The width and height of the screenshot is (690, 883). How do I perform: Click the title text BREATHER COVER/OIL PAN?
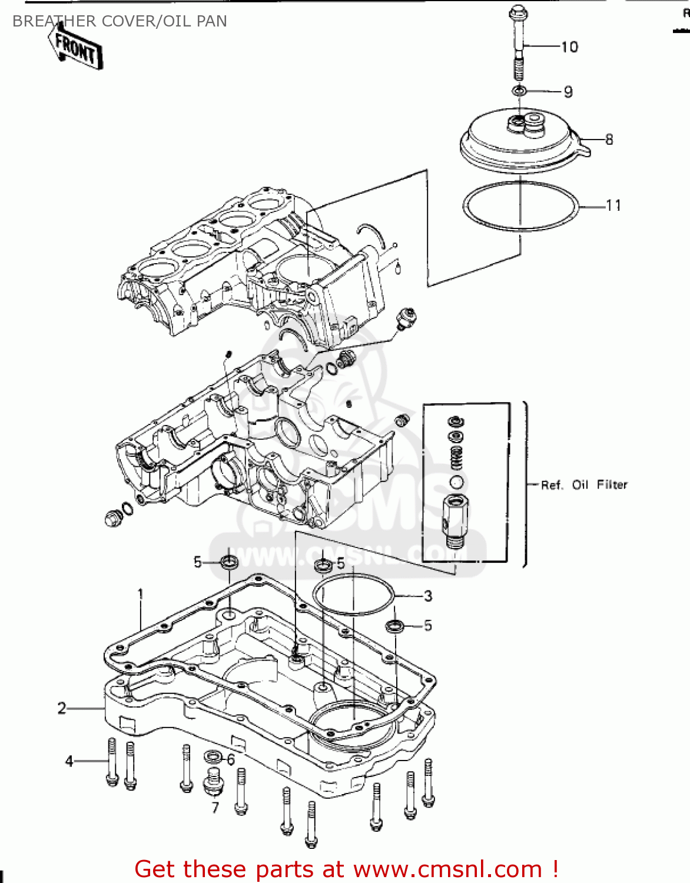tap(120, 21)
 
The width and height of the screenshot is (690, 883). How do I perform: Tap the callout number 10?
tap(569, 47)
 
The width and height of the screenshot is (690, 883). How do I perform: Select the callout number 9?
tap(568, 92)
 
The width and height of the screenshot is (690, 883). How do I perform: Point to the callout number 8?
tap(609, 140)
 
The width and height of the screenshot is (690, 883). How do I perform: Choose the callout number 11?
tap(613, 205)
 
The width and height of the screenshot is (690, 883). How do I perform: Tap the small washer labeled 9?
tap(519, 91)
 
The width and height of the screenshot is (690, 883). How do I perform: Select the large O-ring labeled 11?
tap(520, 206)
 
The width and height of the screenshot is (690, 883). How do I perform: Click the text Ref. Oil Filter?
tap(584, 485)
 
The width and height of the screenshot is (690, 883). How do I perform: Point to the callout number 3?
tap(428, 596)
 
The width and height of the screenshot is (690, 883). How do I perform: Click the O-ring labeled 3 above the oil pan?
tap(353, 595)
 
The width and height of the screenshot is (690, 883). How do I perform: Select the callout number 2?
tap(62, 708)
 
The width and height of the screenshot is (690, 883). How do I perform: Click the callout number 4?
tap(69, 761)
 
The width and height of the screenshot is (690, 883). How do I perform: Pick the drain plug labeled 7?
tap(213, 782)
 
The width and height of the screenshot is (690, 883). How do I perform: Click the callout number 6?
tap(230, 760)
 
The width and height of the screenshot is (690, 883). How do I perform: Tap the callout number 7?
tap(215, 808)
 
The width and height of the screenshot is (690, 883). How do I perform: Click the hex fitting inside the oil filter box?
tap(455, 518)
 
